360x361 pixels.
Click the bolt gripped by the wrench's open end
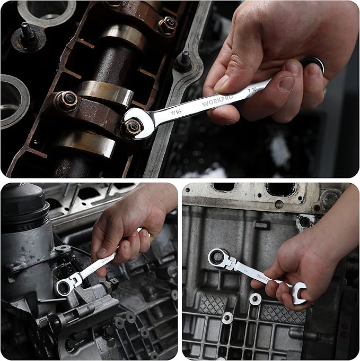[133, 126]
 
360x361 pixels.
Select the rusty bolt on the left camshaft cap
[67, 101]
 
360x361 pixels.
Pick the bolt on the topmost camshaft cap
[168, 24]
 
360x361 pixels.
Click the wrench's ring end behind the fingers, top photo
[314, 65]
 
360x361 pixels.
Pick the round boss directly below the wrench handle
[256, 298]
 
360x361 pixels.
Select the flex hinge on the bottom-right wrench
[231, 262]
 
